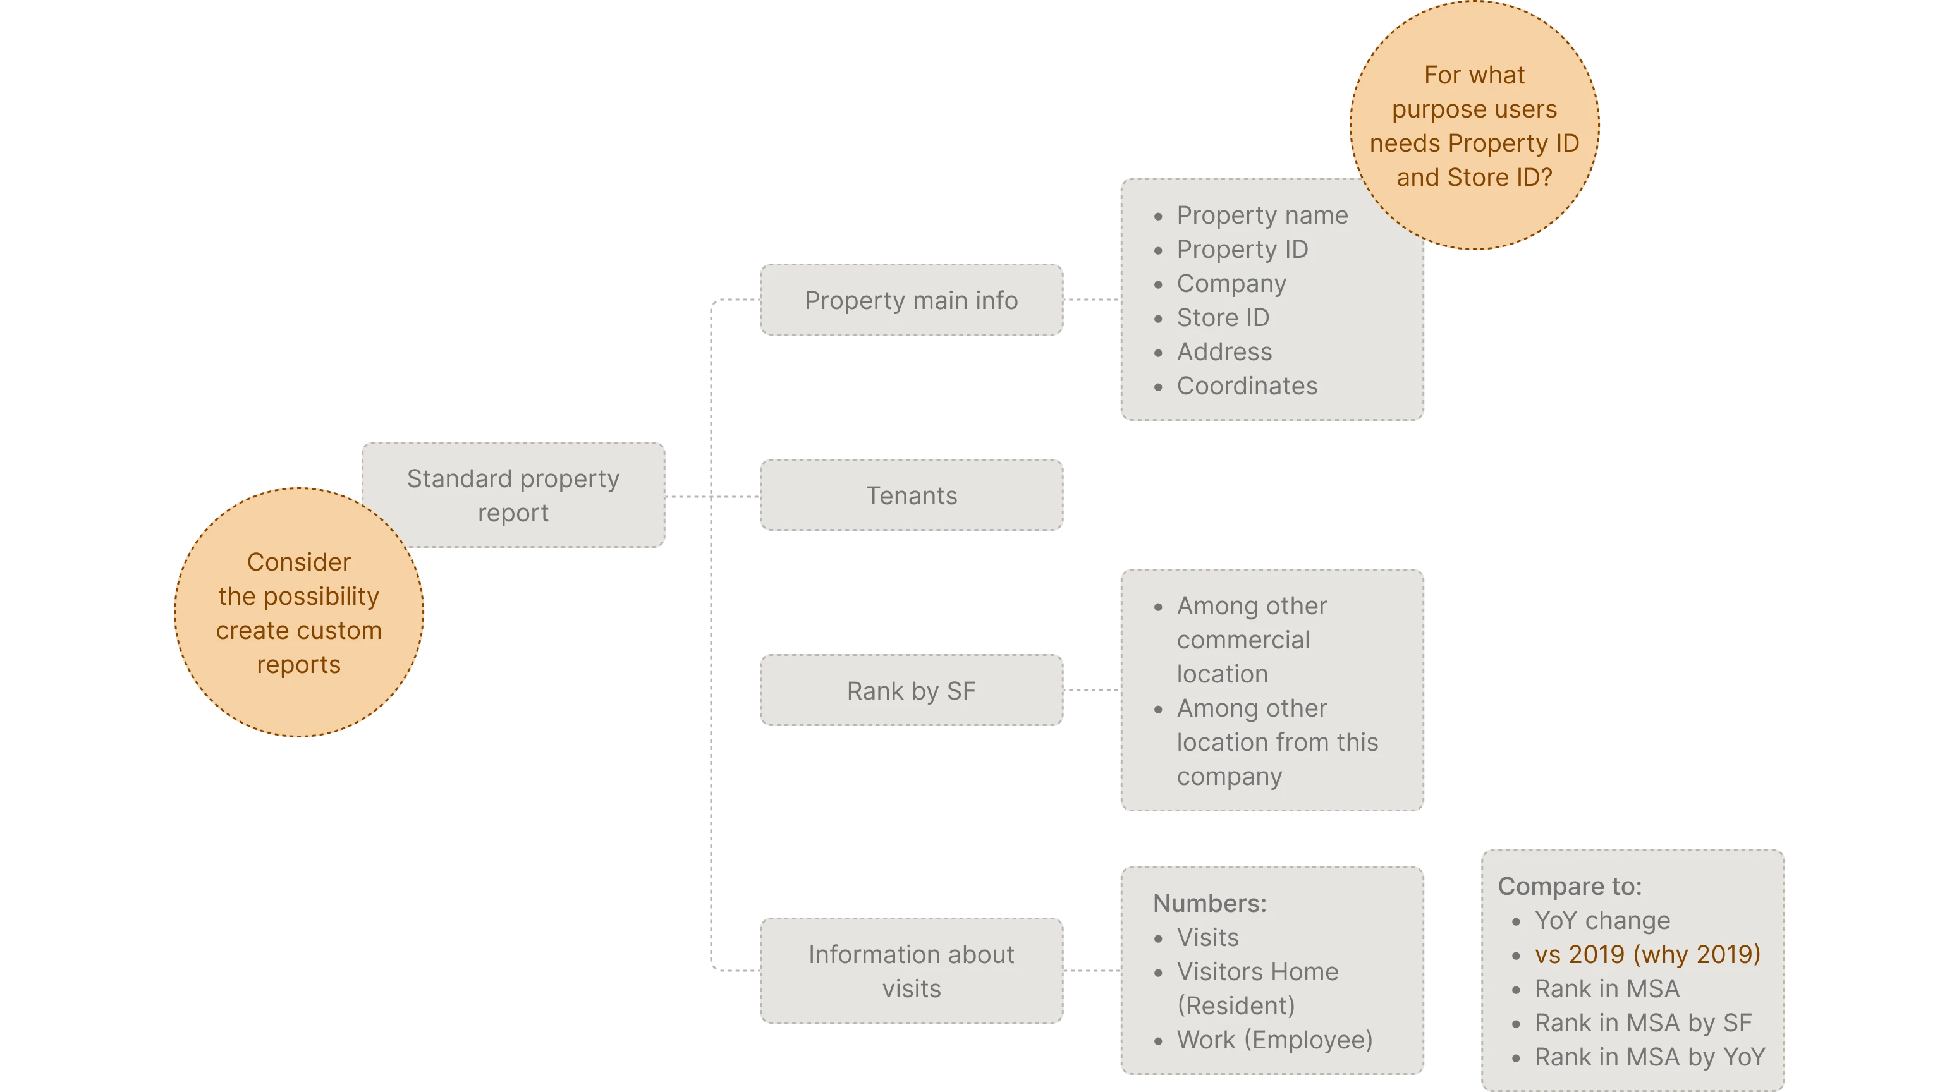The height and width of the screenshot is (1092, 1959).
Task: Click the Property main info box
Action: (911, 300)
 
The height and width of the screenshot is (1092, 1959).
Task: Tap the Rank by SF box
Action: (911, 691)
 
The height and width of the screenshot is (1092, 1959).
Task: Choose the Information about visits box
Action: (911, 971)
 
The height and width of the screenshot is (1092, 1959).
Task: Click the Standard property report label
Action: (513, 495)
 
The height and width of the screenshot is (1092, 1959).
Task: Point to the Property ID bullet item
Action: (1242, 250)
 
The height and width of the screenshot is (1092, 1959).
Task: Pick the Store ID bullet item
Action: (1223, 318)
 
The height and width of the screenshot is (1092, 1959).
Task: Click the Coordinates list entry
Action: (1247, 386)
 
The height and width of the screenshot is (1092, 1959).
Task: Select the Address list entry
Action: (1224, 352)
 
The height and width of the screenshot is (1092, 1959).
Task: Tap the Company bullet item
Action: (1231, 284)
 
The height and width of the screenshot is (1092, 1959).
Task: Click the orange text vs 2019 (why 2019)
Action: (1647, 954)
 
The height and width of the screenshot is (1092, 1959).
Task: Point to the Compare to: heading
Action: (1570, 887)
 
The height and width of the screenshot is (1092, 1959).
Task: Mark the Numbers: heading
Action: (1209, 904)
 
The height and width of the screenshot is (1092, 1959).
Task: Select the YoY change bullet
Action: (1602, 921)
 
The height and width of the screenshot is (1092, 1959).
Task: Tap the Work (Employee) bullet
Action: (1274, 1040)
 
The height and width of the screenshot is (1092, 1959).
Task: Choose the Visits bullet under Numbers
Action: (1207, 938)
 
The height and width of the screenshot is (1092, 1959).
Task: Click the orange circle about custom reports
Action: (298, 613)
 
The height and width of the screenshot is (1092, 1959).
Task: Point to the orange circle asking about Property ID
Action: (1474, 126)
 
